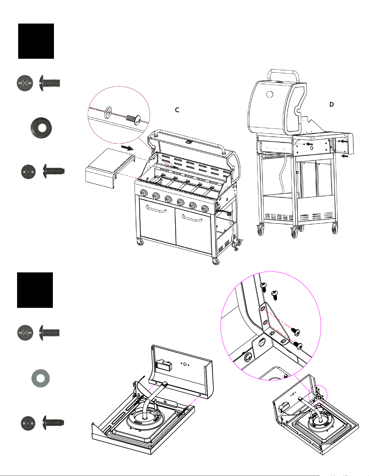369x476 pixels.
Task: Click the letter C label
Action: [177, 110]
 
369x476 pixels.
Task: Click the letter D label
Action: [331, 105]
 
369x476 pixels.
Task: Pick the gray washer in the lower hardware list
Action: [40, 378]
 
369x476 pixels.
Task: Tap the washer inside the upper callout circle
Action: [108, 112]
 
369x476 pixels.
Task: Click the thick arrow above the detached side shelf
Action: [127, 148]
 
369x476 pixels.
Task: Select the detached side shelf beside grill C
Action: [110, 168]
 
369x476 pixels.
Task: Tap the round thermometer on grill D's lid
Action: [270, 94]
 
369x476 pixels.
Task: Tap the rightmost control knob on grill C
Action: [205, 209]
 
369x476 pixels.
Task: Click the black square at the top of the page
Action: [36, 41]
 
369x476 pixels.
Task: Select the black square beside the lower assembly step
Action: [35, 290]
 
